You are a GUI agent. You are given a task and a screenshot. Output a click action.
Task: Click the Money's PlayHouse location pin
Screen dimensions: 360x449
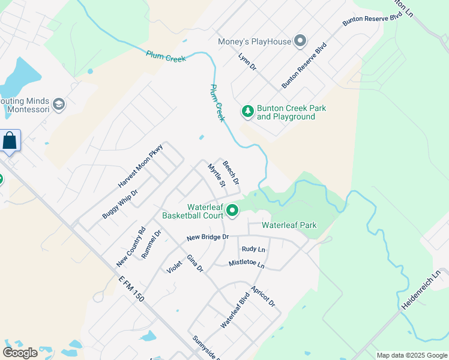300,41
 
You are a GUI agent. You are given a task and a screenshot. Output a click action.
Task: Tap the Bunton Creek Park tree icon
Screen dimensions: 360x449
247,111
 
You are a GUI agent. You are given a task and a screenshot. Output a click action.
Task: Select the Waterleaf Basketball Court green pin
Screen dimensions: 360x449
232,211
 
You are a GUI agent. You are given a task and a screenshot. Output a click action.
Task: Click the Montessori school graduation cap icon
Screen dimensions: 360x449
59,104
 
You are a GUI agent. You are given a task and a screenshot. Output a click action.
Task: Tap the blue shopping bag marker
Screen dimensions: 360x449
11,142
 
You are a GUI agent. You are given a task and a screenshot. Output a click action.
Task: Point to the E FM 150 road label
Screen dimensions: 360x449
131,289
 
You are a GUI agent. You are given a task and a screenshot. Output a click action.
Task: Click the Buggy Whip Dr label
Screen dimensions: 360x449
120,203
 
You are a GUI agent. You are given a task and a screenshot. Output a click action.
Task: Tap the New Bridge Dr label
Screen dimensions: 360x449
208,237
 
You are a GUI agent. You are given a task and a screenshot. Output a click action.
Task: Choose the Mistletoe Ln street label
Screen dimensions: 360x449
246,263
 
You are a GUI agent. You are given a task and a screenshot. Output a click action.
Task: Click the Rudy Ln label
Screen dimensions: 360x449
253,248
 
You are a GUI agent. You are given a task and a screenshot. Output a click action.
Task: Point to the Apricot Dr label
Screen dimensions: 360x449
264,296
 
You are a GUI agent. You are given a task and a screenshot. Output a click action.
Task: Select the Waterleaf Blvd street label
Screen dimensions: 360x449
235,310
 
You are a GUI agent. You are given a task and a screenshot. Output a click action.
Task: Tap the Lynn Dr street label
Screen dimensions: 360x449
247,62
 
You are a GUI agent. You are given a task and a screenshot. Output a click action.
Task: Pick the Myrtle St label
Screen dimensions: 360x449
216,175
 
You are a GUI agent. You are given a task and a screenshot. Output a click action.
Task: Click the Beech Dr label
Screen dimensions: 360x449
231,172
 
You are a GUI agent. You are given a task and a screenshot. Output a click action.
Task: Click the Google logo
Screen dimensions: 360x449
20,353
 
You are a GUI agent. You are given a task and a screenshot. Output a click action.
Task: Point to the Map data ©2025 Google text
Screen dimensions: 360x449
411,355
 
